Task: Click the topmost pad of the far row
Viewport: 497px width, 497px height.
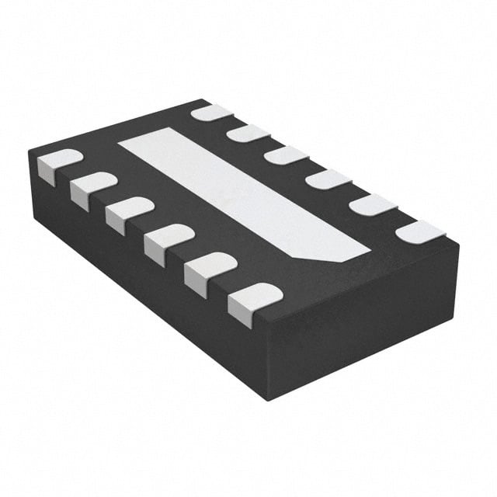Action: [x=211, y=113]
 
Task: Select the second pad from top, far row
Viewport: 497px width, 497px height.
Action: [x=248, y=133]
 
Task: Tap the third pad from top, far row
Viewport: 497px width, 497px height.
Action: [x=286, y=155]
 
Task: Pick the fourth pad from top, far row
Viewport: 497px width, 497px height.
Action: [x=327, y=179]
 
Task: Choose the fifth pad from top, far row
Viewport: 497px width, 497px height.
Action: [x=372, y=205]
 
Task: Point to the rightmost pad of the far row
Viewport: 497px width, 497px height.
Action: [x=420, y=231]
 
